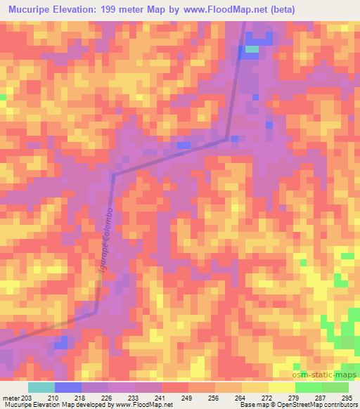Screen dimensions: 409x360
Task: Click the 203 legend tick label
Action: pyautogui.click(x=27, y=398)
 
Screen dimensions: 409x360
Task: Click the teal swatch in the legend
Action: pyautogui.click(x=41, y=387)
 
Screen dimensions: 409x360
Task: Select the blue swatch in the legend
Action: pyautogui.click(x=68, y=387)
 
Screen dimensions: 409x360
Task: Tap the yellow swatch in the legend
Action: pyautogui.click(x=281, y=387)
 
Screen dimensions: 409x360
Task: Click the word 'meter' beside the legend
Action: pyautogui.click(x=10, y=398)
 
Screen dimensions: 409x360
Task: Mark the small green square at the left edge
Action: pyautogui.click(x=3, y=96)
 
